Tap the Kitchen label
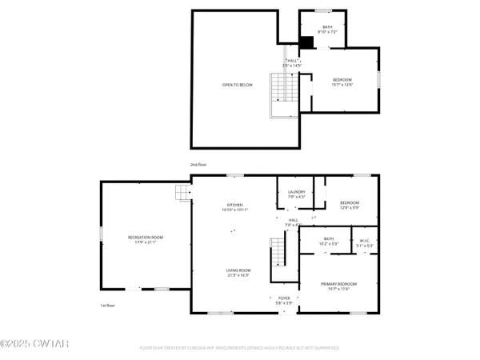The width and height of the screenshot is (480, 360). click(237, 207)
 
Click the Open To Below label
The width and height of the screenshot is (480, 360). click(238, 85)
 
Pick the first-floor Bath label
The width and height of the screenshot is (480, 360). click(328, 241)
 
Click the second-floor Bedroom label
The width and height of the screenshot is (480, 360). click(342, 82)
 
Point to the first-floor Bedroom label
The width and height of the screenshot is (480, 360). click(349, 205)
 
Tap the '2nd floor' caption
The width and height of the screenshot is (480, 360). click(198, 165)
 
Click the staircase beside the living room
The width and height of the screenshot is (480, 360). click(278, 257)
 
